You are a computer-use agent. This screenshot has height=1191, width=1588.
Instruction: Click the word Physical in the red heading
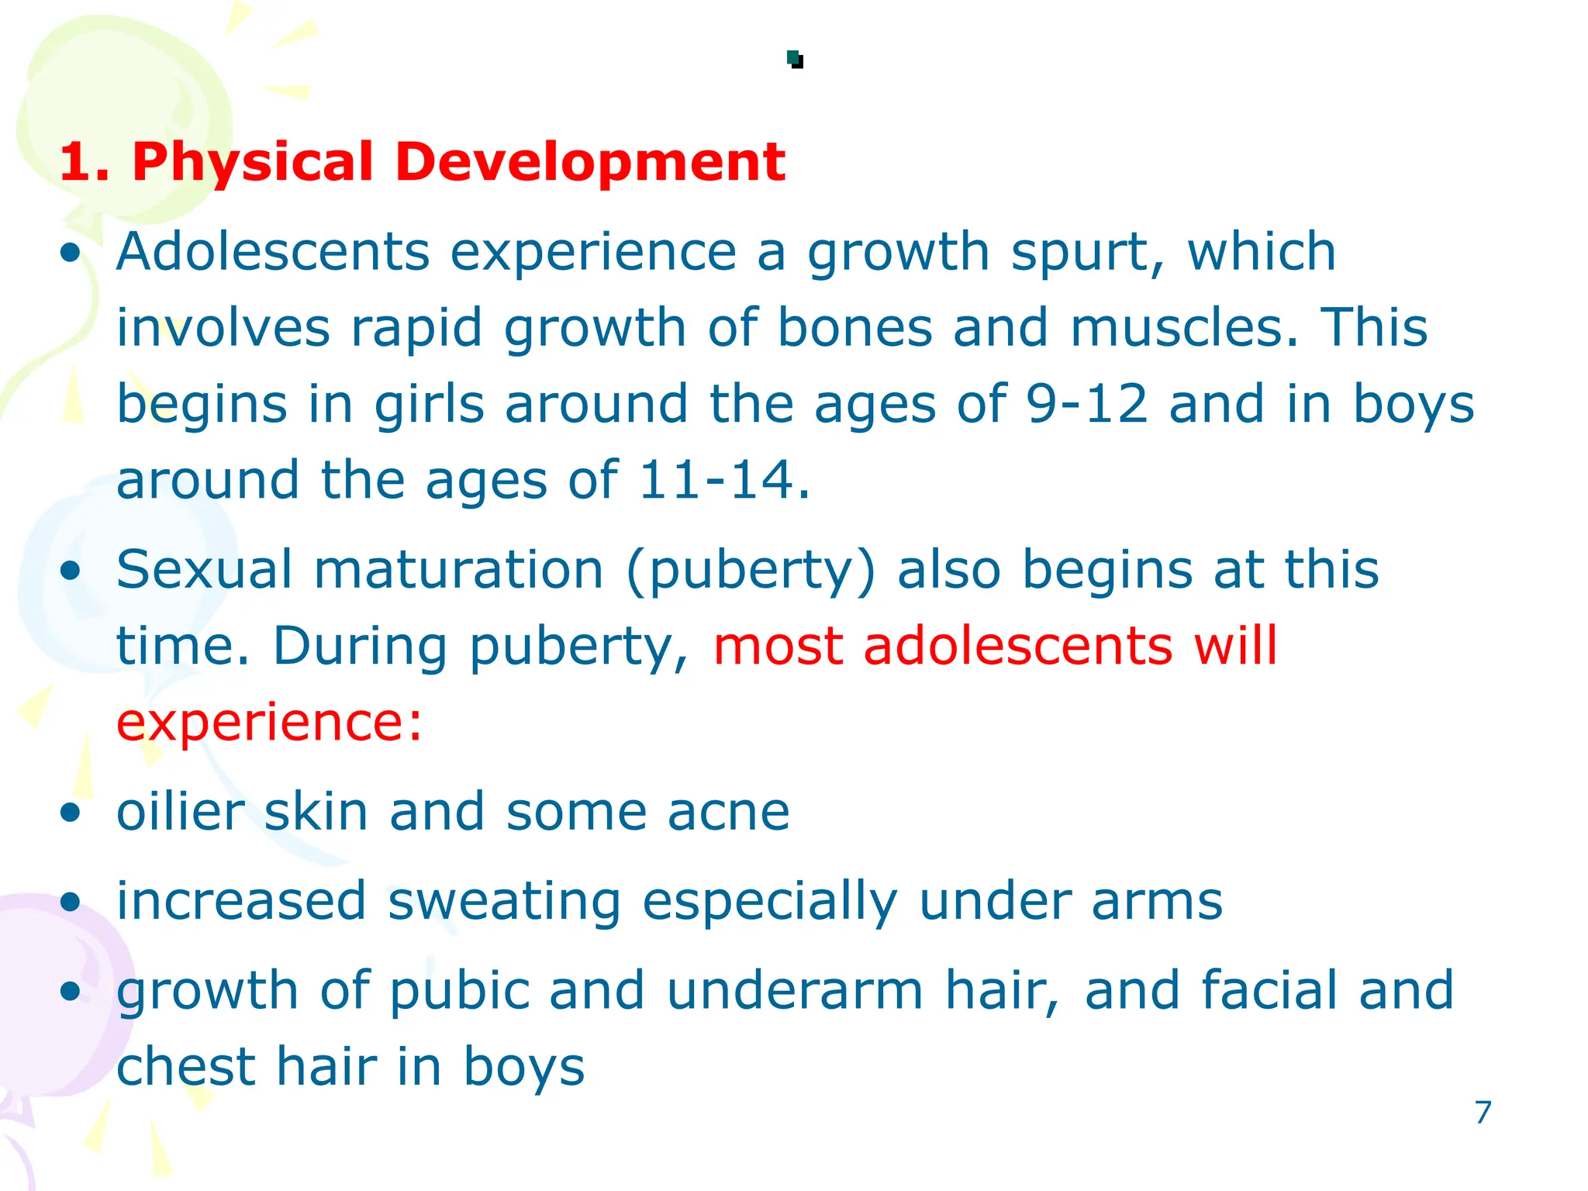pos(253,163)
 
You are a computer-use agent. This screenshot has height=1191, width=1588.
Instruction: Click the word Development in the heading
pos(590,163)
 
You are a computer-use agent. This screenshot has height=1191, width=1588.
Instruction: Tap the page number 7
pos(1483,1113)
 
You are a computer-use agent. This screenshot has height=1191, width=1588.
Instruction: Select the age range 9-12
pos(1086,404)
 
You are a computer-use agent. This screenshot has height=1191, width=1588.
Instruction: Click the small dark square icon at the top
pos(795,59)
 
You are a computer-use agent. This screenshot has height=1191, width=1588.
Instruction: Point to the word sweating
pos(504,903)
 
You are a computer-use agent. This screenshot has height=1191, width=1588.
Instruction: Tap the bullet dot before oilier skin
pos(71,813)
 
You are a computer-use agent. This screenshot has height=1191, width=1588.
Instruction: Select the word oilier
pos(180,813)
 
